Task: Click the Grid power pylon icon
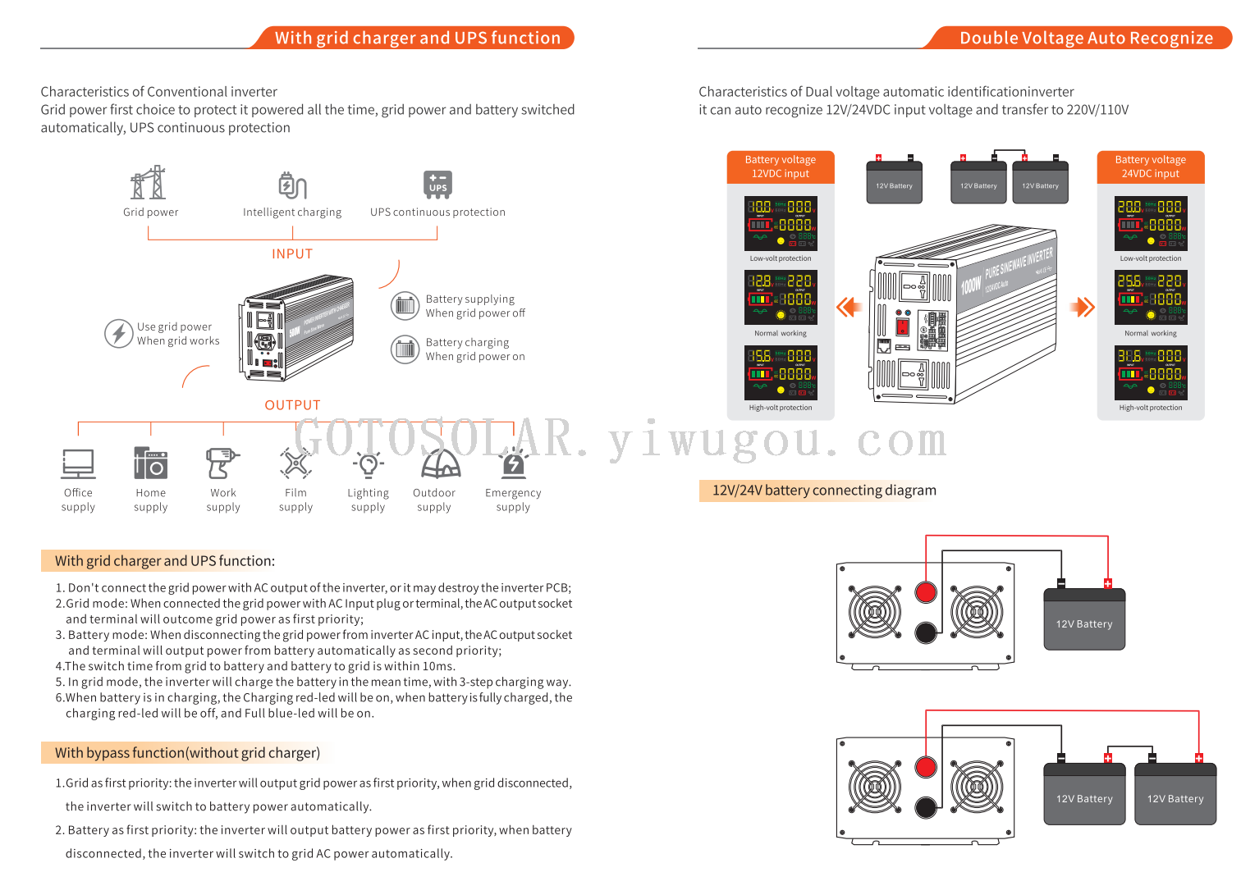pyautogui.click(x=149, y=183)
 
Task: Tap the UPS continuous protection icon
pyautogui.click(x=437, y=185)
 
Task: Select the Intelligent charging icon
pyautogui.click(x=292, y=185)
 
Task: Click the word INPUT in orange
pyautogui.click(x=292, y=254)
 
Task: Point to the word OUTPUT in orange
pyautogui.click(x=292, y=405)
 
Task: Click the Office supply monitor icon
pyautogui.click(x=78, y=463)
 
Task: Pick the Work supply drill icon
pyautogui.click(x=222, y=463)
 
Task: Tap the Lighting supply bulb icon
pyautogui.click(x=368, y=464)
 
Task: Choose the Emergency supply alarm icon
pyautogui.click(x=513, y=463)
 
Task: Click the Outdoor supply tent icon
pyautogui.click(x=441, y=463)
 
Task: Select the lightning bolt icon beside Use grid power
pyautogui.click(x=119, y=333)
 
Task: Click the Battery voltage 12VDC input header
pyautogui.click(x=781, y=167)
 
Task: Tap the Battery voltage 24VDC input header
pyautogui.click(x=1151, y=167)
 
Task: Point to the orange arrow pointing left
pyautogui.click(x=849, y=307)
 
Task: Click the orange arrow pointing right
pyautogui.click(x=1083, y=307)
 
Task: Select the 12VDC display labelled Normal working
pyautogui.click(x=781, y=299)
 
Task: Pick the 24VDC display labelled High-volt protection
pyautogui.click(x=1151, y=372)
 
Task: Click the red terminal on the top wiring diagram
pyautogui.click(x=926, y=591)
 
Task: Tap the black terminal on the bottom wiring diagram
pyautogui.click(x=926, y=807)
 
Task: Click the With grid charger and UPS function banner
pyautogui.click(x=417, y=38)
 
